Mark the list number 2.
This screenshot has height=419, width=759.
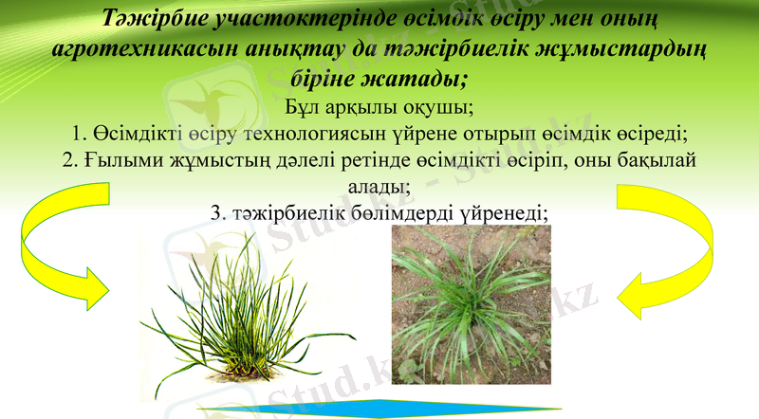[x=67, y=161]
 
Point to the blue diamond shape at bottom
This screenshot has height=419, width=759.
[x=379, y=410]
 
